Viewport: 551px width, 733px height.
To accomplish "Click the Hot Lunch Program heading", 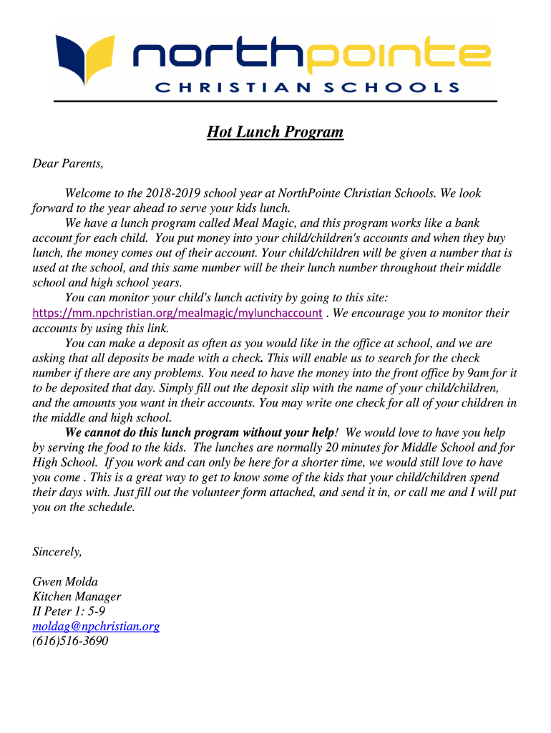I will coord(275,132).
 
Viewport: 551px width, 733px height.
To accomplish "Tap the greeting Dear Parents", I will coord(68,164).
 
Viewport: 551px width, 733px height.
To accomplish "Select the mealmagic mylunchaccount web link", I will coord(177,314).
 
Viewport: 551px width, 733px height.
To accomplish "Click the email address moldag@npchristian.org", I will coord(96,626).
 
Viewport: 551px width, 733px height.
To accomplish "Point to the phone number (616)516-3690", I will coord(70,641).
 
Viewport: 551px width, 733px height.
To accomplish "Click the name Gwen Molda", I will coord(66,581).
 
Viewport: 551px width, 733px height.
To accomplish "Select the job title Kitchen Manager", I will coord(77,596).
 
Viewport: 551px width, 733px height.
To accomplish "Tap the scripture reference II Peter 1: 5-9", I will coord(69,611).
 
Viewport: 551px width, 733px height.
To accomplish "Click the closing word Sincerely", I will coord(57,551).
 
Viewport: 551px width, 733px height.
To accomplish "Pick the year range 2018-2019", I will coord(172,193).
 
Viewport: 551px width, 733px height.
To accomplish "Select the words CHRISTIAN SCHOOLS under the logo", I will coord(307,88).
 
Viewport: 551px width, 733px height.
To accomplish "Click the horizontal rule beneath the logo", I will coord(275,101).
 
